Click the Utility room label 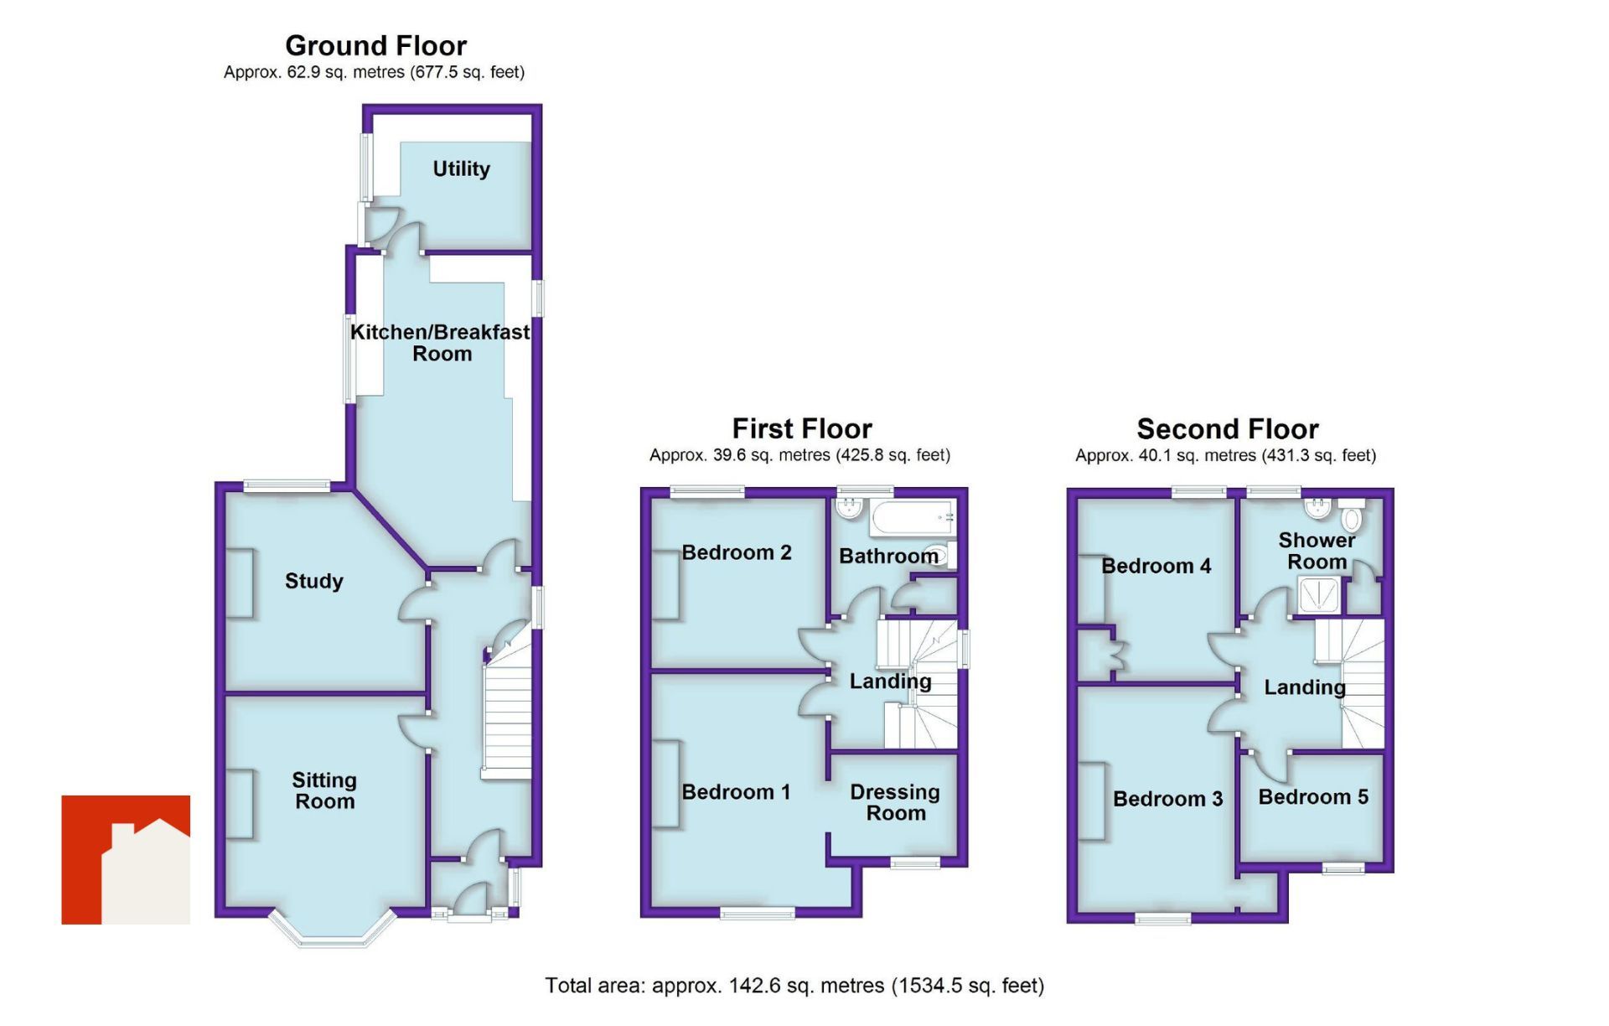461,168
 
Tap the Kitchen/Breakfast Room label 440,343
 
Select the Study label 313,581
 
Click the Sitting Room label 324,790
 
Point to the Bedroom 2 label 736,552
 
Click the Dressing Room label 894,802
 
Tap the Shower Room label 1316,551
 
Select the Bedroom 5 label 1312,796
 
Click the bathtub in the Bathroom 912,518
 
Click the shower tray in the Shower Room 1318,596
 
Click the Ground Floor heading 375,45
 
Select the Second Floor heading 1227,429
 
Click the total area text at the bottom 794,986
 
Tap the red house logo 126,859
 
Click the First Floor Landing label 890,681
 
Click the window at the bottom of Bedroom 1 758,913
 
